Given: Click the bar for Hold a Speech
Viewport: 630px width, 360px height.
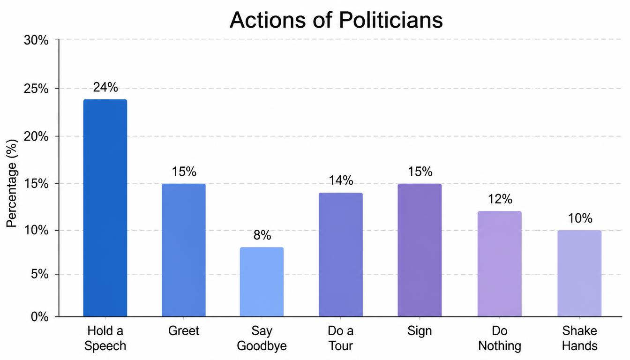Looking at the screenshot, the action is coord(105,208).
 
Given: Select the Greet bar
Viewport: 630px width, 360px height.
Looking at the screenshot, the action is coord(184,250).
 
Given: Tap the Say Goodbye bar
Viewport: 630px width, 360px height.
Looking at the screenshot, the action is coord(262,282).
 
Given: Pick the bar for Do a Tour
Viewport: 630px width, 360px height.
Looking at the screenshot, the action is coord(341,255).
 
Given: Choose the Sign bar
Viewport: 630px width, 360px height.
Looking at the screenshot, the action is coord(420,250).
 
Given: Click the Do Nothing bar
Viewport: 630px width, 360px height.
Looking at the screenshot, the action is coord(500,264).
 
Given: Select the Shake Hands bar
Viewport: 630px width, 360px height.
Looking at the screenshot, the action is coord(579,273).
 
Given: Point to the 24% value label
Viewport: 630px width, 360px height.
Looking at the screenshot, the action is coord(105,87).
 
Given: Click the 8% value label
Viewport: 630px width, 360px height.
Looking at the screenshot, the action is coord(262,235).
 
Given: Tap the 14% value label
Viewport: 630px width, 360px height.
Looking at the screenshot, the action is coord(341,180).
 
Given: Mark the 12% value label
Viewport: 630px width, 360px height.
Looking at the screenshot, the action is coord(500,199).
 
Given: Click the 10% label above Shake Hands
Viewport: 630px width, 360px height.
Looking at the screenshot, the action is coord(580,218).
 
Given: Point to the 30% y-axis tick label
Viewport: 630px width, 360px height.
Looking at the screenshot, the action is coord(36,40).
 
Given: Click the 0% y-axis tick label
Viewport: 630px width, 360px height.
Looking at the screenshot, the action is coord(40,317).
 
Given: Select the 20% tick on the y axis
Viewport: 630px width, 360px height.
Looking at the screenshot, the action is coord(36,137).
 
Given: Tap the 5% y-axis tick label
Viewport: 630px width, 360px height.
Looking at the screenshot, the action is coord(40,274).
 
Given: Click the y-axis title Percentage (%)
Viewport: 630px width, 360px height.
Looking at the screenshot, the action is coord(12,183).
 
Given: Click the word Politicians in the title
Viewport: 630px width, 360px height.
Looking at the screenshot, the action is coord(390,20).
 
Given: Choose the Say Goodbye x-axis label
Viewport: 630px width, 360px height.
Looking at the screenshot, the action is coord(262,338).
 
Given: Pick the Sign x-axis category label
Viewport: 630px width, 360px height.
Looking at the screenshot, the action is coord(420,331).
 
